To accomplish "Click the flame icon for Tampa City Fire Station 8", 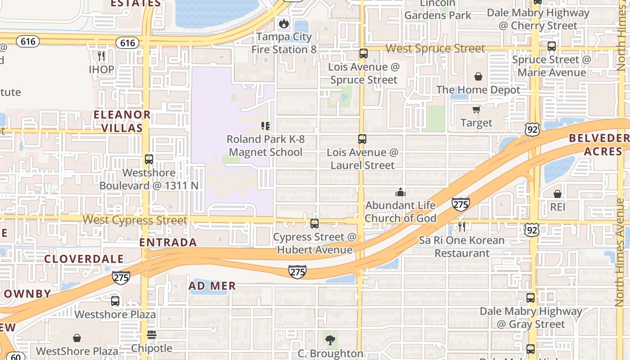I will pyautogui.click(x=283, y=23).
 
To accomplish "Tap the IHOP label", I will pyautogui.click(x=101, y=70).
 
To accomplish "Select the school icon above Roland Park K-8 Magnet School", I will pyautogui.click(x=265, y=126).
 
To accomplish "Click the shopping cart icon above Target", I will pyautogui.click(x=476, y=109).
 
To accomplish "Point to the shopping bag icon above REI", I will pyautogui.click(x=558, y=194).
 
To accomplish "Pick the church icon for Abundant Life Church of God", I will pyautogui.click(x=400, y=193).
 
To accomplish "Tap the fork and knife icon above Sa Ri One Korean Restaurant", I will pyautogui.click(x=461, y=226).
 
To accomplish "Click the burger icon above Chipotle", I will pyautogui.click(x=152, y=335).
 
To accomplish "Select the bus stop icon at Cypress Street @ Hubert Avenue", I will pyautogui.click(x=315, y=223).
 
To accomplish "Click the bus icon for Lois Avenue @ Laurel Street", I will pyautogui.click(x=362, y=139).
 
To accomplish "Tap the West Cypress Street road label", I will pyautogui.click(x=135, y=220).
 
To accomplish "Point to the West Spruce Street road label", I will pyautogui.click(x=435, y=49).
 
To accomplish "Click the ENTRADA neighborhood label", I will pyautogui.click(x=168, y=242).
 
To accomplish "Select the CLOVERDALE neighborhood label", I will pyautogui.click(x=84, y=259).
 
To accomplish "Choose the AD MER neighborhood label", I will pyautogui.click(x=212, y=286).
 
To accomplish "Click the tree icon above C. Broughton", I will pyautogui.click(x=330, y=340).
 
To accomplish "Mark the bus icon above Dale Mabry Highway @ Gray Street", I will pyautogui.click(x=531, y=297).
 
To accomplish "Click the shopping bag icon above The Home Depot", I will pyautogui.click(x=478, y=76).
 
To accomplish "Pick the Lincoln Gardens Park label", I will pyautogui.click(x=438, y=9).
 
